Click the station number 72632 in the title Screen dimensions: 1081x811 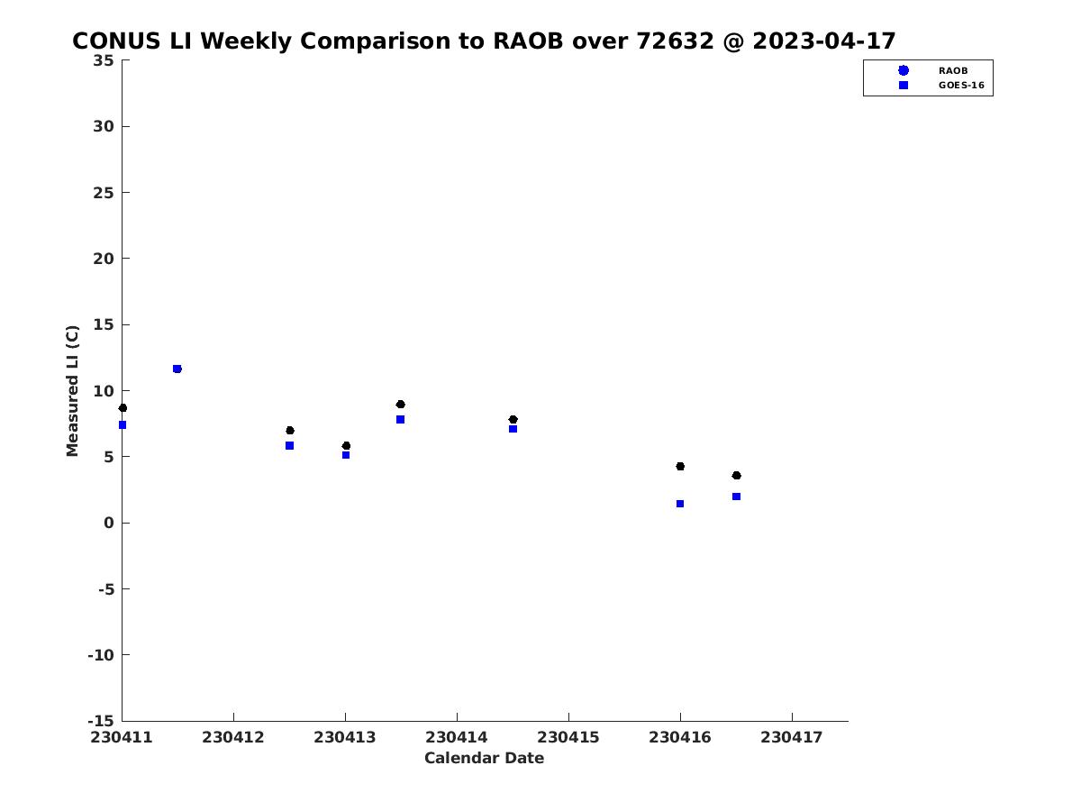tap(675, 41)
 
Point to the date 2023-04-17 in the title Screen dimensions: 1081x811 tap(824, 41)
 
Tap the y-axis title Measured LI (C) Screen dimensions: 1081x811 tap(72, 391)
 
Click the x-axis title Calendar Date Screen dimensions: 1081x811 tap(484, 758)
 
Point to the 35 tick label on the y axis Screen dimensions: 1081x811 tap(104, 60)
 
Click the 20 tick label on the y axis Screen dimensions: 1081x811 tap(104, 259)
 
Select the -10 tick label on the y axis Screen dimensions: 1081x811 tap(101, 655)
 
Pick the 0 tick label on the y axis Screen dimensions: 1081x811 tap(109, 523)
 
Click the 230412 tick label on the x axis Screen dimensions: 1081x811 tap(233, 738)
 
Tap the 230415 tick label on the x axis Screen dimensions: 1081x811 tap(568, 738)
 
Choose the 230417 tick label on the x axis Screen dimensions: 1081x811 tap(792, 738)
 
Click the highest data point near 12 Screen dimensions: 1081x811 tap(177, 369)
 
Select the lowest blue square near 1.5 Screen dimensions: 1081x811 tap(680, 504)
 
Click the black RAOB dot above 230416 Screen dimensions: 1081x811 tap(680, 466)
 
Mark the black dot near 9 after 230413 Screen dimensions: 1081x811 tap(400, 405)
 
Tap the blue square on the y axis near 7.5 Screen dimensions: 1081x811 tap(123, 425)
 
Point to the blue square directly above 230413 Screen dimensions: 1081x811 tap(346, 455)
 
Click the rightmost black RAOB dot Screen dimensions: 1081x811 tap(736, 475)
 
